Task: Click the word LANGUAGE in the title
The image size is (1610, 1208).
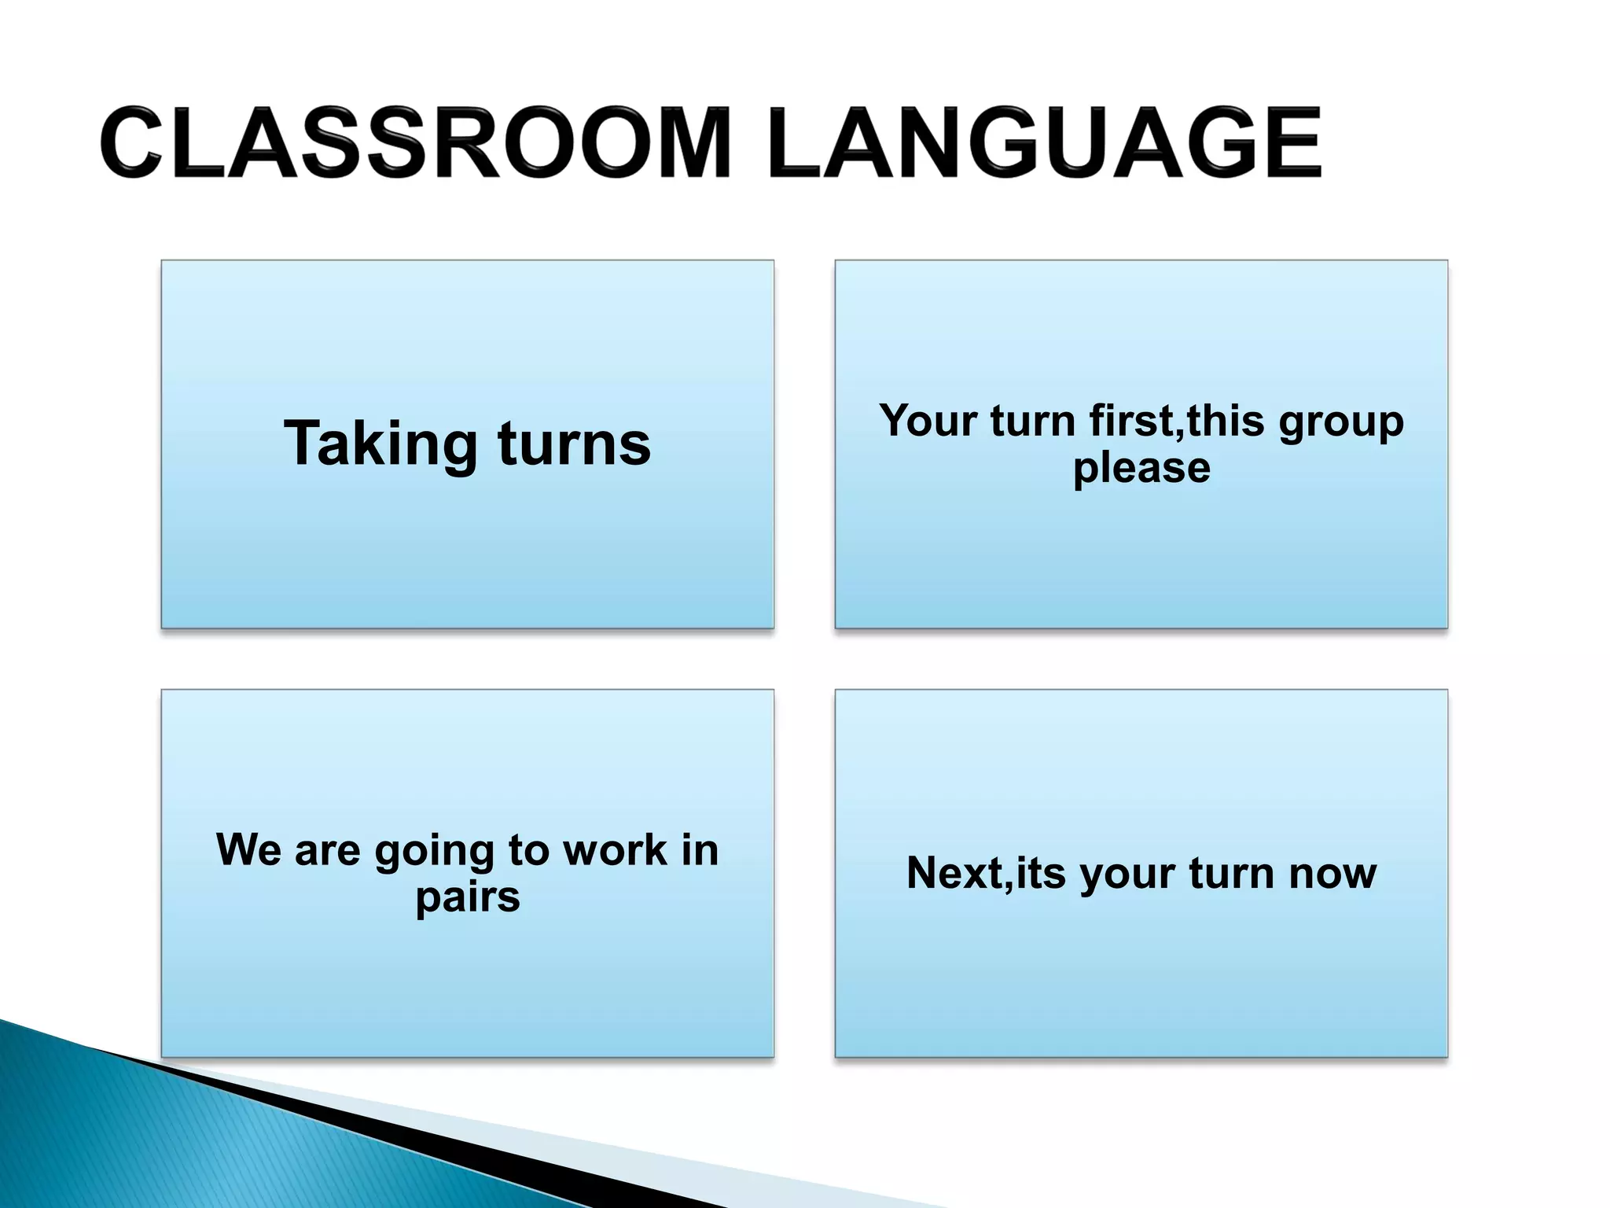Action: (1046, 143)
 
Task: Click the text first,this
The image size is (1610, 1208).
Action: (1176, 421)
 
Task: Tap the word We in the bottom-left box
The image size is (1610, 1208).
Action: (248, 849)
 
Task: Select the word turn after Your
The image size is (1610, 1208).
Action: (1032, 421)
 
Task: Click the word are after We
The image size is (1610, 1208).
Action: (327, 851)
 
